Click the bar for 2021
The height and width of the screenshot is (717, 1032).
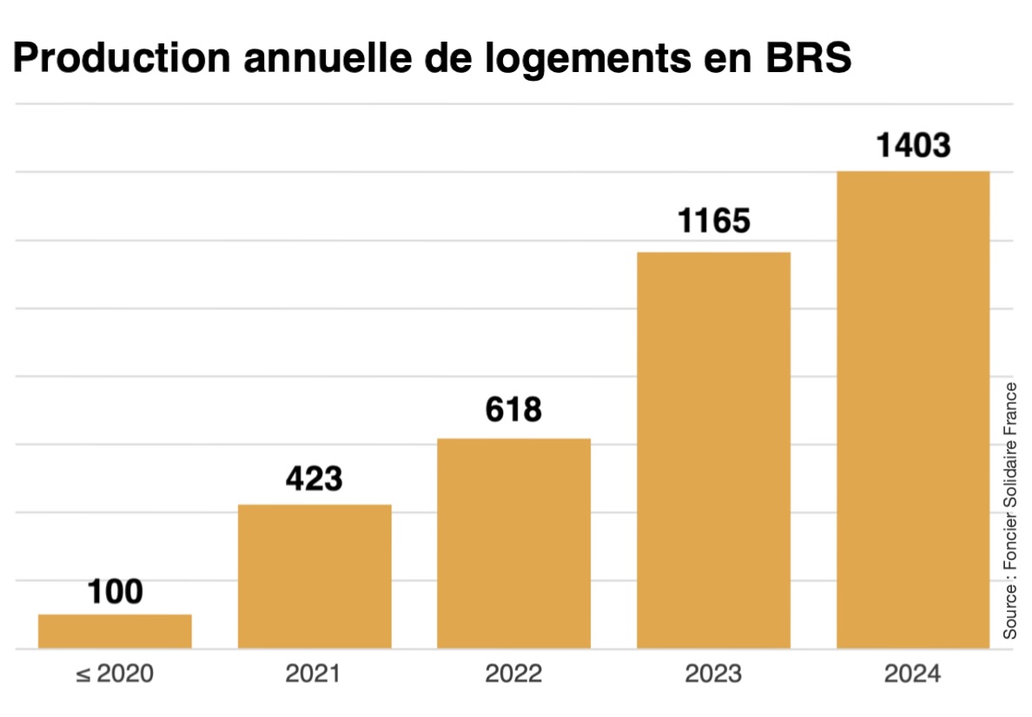[314, 576]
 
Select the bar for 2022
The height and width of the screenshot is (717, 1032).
[513, 543]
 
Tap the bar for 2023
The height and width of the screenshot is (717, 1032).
[713, 450]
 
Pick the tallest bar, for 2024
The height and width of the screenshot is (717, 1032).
[912, 410]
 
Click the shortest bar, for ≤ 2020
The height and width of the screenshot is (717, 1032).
[115, 631]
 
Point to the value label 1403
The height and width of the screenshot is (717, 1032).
[913, 145]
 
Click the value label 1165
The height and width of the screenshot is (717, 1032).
[714, 221]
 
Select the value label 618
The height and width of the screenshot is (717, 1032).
[513, 409]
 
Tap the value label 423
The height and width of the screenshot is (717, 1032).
[314, 477]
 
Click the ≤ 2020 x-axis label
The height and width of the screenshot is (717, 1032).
[115, 674]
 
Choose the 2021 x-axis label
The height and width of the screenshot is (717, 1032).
[314, 674]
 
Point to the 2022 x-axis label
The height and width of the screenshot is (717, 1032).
[513, 674]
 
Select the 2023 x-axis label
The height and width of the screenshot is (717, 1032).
[713, 674]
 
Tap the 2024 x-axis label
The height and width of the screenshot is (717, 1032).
[912, 674]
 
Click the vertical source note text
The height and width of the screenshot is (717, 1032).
[1010, 510]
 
